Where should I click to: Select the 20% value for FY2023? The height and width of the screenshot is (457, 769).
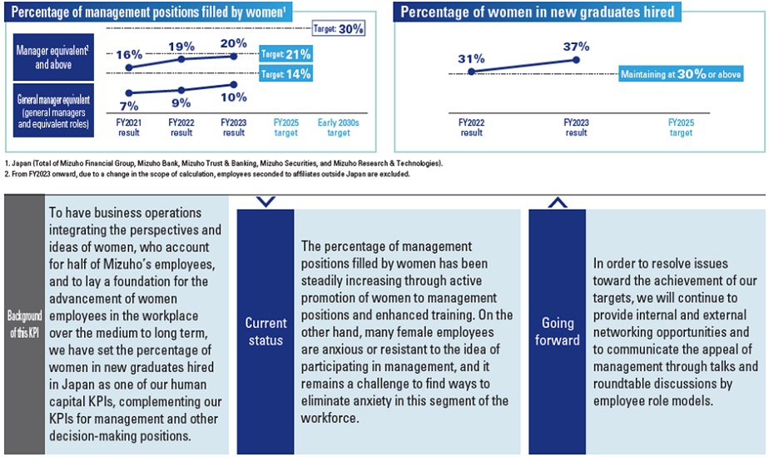pos(235,43)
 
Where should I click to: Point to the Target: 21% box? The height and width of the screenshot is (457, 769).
pos(285,54)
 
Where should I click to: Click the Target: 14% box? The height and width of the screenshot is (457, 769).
pos(285,73)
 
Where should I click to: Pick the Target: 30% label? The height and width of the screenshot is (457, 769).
pos(339,28)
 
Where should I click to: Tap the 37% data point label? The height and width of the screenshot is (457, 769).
pos(576,46)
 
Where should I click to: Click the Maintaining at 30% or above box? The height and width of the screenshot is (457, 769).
pos(681,74)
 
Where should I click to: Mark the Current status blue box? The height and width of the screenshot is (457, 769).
pos(265,331)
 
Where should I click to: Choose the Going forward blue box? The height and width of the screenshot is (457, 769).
pos(558,331)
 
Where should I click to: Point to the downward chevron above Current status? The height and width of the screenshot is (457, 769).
pos(265,201)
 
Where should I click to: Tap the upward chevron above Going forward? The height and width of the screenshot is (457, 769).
pos(558,201)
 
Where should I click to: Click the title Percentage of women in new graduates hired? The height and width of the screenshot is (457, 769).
pos(537,12)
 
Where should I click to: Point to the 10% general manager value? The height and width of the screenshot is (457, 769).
pos(235,97)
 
